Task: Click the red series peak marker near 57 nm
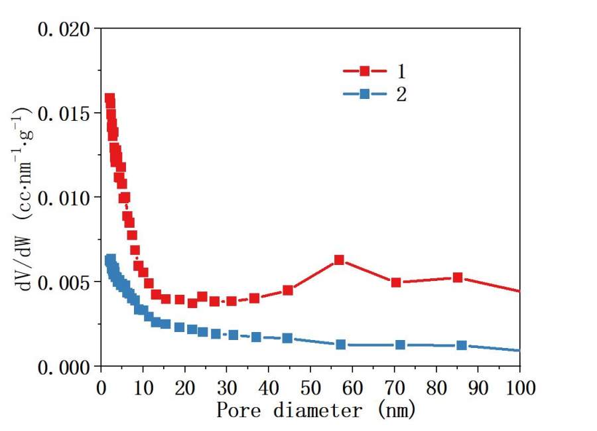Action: click(x=339, y=260)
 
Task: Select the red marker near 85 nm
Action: click(x=458, y=277)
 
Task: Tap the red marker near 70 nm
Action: click(x=396, y=282)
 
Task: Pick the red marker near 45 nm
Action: click(x=288, y=290)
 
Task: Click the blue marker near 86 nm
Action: click(x=462, y=345)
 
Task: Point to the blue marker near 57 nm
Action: click(x=341, y=344)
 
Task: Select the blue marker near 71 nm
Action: click(x=401, y=345)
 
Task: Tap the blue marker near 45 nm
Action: click(x=288, y=338)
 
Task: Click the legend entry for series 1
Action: click(x=375, y=70)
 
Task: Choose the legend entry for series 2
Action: click(x=375, y=94)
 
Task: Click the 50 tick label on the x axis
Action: click(x=310, y=386)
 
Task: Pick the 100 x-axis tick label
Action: click(x=519, y=386)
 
